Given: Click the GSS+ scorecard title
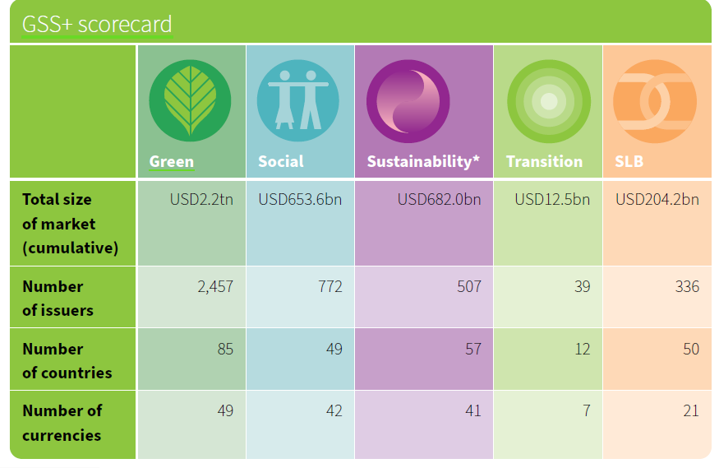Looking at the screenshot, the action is point(97,25).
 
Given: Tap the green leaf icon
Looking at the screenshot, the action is point(190,100).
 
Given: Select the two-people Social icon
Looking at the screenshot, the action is point(298,100).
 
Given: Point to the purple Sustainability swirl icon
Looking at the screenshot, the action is point(408,101).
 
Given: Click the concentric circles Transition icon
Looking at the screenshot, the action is point(549,101).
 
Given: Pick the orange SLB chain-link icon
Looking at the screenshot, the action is point(655,101).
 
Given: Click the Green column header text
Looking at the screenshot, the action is point(172,161).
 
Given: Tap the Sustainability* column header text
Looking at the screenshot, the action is point(423,161).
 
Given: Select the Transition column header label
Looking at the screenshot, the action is point(544,161).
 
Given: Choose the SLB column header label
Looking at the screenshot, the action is point(629,161).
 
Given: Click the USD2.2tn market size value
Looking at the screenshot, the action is point(201,199).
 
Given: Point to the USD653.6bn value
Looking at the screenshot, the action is point(300,199).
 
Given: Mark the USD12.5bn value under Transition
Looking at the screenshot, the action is point(552,199).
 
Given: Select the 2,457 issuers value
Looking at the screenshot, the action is point(215,286).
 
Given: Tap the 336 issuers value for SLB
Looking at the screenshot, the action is point(687,286).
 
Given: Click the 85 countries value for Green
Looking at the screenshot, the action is point(225,350).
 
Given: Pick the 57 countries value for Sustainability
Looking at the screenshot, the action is point(473,350).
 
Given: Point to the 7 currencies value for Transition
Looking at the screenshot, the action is point(586,410).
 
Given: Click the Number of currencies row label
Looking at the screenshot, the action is point(62,423).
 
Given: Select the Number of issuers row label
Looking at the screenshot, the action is point(58,299).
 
